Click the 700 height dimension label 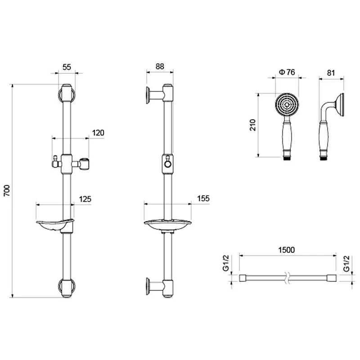click(x=7, y=190)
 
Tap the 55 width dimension click(x=67, y=67)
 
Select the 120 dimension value click(x=98, y=133)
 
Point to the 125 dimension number click(x=85, y=199)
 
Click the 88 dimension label click(x=160, y=66)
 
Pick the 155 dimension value click(x=203, y=198)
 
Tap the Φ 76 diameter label click(x=287, y=72)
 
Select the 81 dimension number click(x=331, y=73)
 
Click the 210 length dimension click(x=252, y=125)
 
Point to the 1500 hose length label click(x=286, y=250)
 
